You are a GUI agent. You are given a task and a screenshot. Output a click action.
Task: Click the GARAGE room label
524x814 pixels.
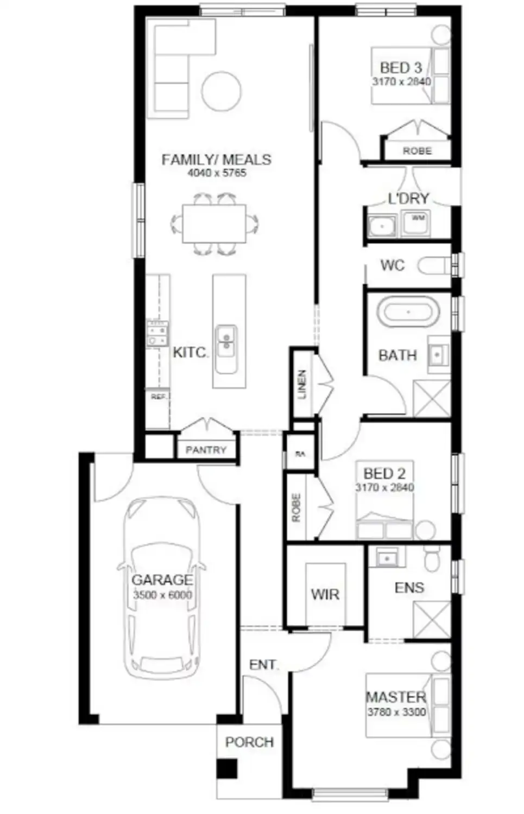(162, 580)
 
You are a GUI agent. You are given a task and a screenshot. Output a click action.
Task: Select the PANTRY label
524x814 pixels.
(206, 450)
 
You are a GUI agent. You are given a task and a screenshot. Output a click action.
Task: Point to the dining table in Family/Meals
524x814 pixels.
(214, 224)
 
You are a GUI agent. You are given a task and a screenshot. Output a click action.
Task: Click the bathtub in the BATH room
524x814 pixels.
(408, 313)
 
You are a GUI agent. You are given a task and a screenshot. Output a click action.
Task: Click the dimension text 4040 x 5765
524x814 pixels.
(217, 173)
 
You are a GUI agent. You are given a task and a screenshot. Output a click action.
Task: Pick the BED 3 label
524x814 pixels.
(401, 68)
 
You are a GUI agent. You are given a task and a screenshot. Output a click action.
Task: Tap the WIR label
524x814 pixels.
(325, 594)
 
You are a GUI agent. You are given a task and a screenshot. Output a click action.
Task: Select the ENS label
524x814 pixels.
(409, 588)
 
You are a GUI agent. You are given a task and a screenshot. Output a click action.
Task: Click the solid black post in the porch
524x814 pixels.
(227, 769)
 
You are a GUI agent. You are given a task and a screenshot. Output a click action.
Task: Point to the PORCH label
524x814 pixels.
(249, 742)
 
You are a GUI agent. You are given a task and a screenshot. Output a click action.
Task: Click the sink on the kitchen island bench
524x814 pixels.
(225, 344)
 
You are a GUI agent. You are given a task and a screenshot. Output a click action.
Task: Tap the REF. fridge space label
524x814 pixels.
(158, 397)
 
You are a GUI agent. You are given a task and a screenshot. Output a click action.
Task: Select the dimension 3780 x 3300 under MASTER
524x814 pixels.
(396, 712)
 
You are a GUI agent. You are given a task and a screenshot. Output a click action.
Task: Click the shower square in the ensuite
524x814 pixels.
(432, 620)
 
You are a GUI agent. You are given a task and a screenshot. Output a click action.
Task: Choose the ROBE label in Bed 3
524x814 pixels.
(417, 151)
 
